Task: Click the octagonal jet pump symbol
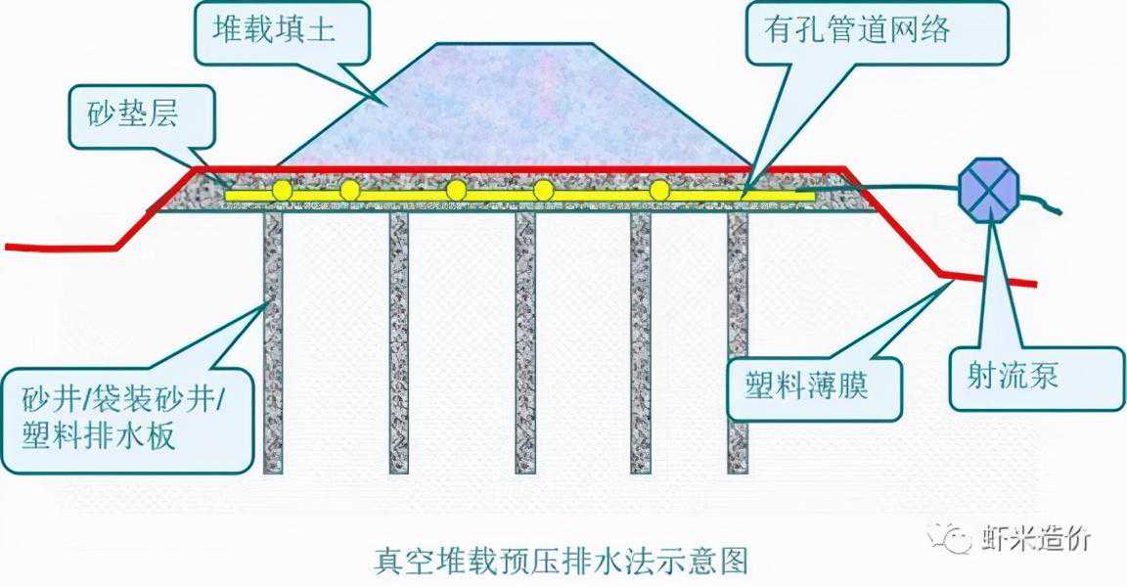[x=990, y=187]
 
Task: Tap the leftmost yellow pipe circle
[x=282, y=190]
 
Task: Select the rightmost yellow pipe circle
[x=660, y=190]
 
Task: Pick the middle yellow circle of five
[x=456, y=190]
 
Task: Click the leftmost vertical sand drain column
[x=273, y=342]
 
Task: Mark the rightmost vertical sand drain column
[x=738, y=342]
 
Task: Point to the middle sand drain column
[x=525, y=342]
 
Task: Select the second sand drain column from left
[x=399, y=342]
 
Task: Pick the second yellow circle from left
[x=349, y=190]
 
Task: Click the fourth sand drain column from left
[x=641, y=342]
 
